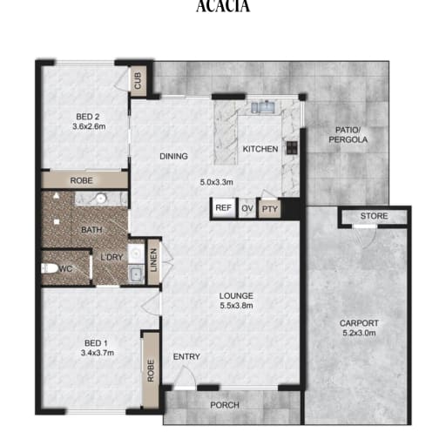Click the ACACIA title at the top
tap(223, 6)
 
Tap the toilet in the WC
tap(50, 268)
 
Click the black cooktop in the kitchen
tap(292, 147)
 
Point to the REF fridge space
tap(224, 208)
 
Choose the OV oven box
tap(247, 208)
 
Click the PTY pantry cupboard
tap(270, 209)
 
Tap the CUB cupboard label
tap(138, 80)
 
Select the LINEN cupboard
tap(153, 260)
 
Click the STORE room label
tap(374, 216)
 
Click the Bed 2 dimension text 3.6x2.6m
tap(89, 126)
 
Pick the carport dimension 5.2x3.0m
tap(359, 333)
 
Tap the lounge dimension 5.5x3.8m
tap(236, 306)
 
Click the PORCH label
tap(225, 405)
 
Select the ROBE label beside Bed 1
tap(151, 371)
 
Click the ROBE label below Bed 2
tap(82, 180)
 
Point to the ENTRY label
tap(186, 356)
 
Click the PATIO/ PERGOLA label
tap(348, 135)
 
